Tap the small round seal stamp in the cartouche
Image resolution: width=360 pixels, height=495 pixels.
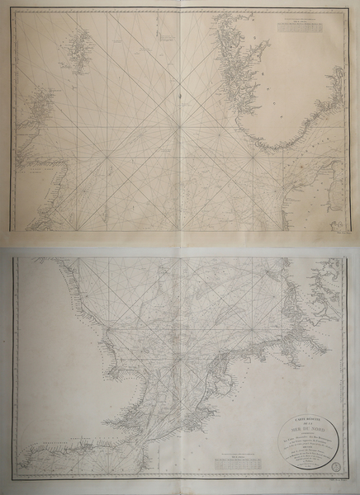(333, 468)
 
